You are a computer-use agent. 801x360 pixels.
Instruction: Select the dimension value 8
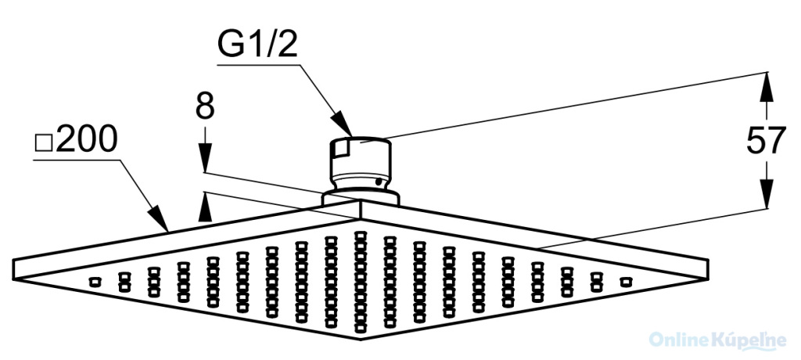pos(204,106)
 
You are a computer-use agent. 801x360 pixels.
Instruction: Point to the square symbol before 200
pos(45,144)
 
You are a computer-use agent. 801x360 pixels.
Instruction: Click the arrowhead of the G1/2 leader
pos(343,125)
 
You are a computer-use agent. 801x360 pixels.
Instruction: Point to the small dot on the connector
pos(379,181)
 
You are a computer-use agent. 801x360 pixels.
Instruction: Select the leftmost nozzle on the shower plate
pos(95,281)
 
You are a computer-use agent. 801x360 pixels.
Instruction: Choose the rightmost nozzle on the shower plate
pos(624,281)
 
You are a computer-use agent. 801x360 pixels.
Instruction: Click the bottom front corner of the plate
pos(360,338)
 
